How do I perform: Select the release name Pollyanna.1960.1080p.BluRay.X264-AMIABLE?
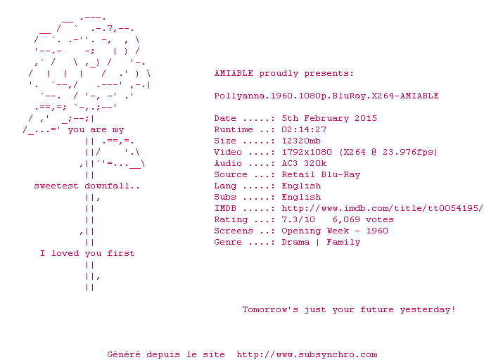(326, 96)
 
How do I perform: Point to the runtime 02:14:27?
(304, 129)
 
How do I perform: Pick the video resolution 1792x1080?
(307, 152)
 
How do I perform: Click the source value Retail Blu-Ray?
(321, 174)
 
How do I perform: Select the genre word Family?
(343, 242)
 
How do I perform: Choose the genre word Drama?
(295, 242)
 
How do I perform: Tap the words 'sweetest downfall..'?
(87, 186)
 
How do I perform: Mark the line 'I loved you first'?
(87, 253)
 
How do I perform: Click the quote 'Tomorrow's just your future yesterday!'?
(349, 309)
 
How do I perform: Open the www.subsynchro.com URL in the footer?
(307, 354)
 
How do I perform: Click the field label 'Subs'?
(225, 197)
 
